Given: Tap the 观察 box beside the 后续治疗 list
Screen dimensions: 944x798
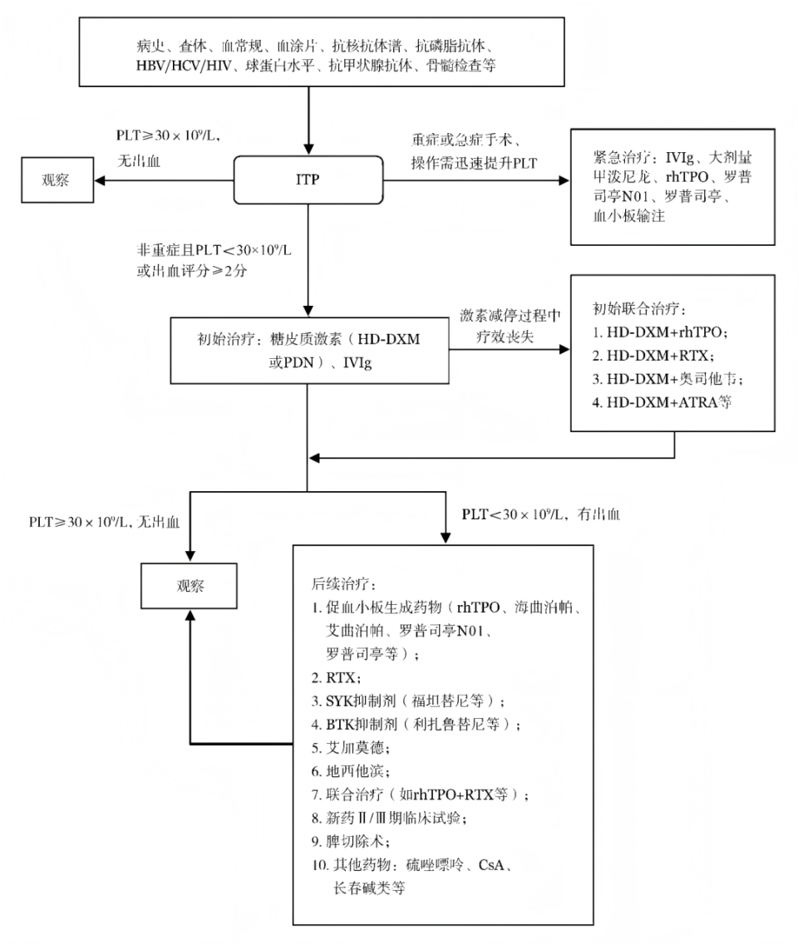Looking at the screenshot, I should [190, 585].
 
